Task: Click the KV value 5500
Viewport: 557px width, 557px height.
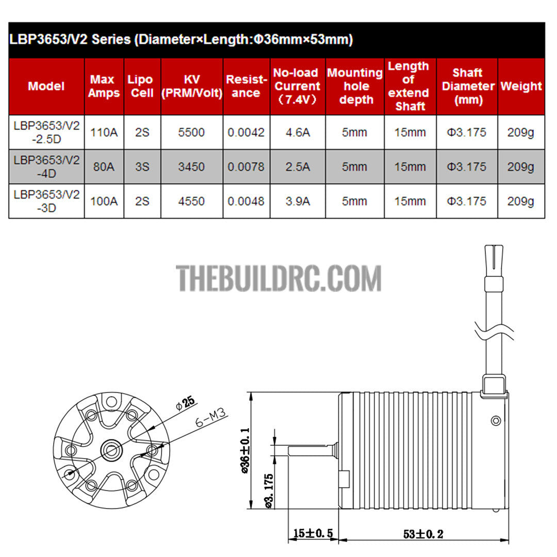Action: click(191, 133)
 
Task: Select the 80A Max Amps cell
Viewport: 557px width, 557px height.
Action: click(104, 167)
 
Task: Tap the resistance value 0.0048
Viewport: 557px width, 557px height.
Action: click(246, 201)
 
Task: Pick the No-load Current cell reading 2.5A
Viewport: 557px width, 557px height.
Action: click(298, 167)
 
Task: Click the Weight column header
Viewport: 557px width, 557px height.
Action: click(521, 86)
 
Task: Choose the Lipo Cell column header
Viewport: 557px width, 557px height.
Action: click(141, 86)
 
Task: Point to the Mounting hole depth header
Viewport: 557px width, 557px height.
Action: click(355, 86)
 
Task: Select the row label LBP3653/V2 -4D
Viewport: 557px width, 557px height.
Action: click(46, 167)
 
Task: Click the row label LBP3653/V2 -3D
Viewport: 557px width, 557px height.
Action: click(46, 201)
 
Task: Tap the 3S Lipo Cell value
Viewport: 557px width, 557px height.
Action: click(142, 167)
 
